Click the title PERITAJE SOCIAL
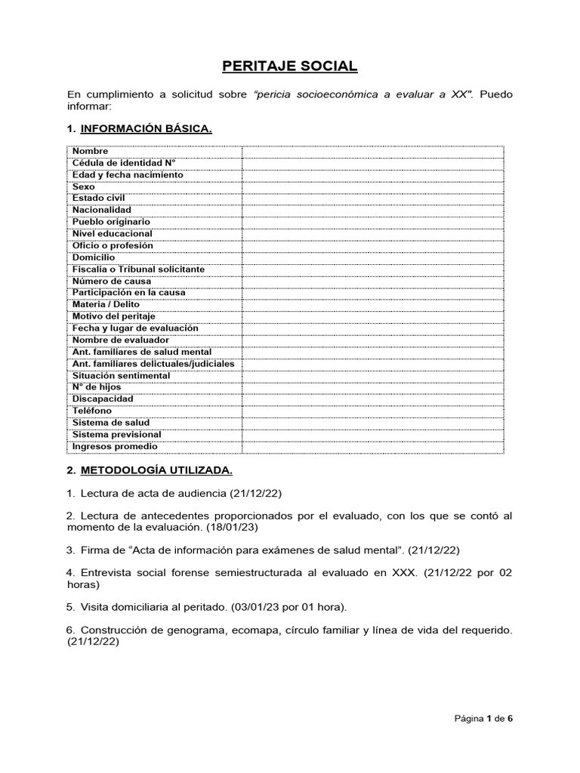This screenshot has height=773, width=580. [x=290, y=66]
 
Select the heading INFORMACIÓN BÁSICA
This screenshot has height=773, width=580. [x=147, y=129]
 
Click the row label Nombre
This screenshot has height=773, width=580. [x=91, y=151]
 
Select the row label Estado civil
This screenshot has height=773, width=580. [x=99, y=198]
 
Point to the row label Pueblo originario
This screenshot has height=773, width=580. [x=111, y=222]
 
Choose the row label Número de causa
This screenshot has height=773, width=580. [x=112, y=281]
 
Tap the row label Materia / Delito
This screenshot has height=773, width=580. [x=106, y=304]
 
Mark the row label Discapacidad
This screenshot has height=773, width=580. [x=103, y=399]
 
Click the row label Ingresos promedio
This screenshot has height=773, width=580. [x=115, y=446]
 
